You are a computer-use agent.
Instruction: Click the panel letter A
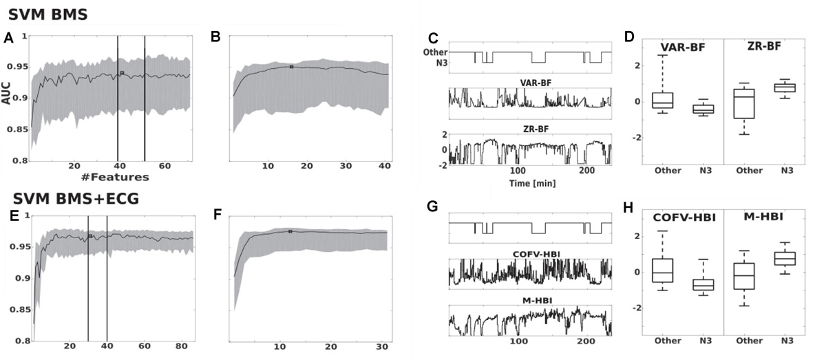tap(8, 39)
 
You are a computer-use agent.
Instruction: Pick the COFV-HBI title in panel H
tap(677, 218)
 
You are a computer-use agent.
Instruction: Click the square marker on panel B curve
tap(291, 67)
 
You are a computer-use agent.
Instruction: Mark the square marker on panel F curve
tap(290, 232)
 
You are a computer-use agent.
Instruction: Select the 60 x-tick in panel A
tap(165, 167)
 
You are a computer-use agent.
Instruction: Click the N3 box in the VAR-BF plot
tap(701, 109)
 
